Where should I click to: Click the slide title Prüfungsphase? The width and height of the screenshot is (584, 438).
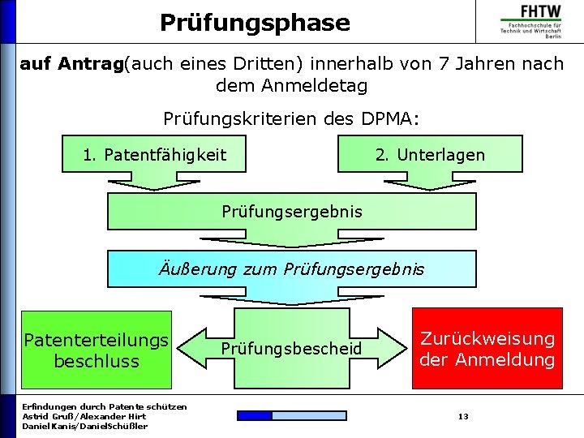point(255,22)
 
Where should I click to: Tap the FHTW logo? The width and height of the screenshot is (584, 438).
point(530,21)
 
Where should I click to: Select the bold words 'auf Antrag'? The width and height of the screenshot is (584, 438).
point(71,63)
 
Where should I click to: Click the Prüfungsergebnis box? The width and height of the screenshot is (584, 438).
point(292,212)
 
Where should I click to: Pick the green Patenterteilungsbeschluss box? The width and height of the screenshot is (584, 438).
point(97,350)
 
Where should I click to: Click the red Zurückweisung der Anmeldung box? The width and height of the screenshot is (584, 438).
point(487,349)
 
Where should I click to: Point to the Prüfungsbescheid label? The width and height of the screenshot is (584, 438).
point(291,349)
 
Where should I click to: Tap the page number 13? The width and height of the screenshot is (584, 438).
point(463,416)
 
